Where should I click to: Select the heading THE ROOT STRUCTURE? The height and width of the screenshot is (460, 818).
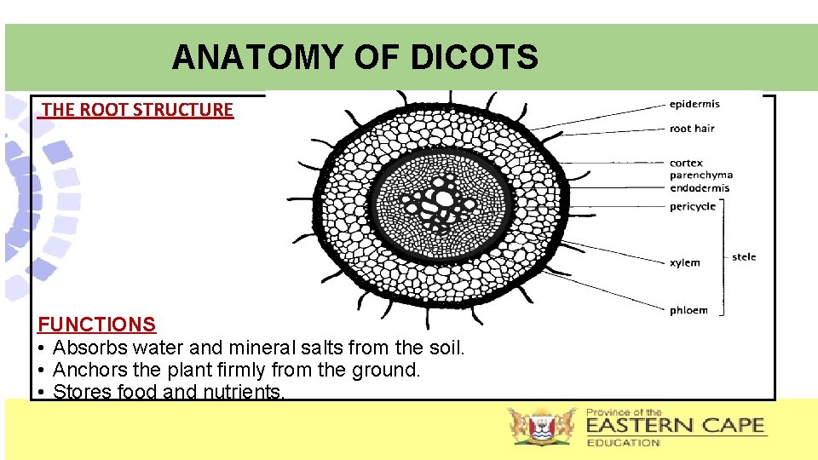[x=137, y=110]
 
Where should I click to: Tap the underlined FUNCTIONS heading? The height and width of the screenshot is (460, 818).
[x=97, y=325]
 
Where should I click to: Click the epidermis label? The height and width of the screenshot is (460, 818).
[x=694, y=104]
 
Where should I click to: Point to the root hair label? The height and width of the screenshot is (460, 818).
[x=692, y=129]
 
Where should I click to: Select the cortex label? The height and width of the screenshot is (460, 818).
[x=686, y=164]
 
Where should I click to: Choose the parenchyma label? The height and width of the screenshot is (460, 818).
[x=700, y=175]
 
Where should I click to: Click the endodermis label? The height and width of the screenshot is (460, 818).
[x=700, y=188]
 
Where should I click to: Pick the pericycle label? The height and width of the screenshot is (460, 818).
[x=692, y=207]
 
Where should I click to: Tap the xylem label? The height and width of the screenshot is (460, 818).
[x=684, y=263]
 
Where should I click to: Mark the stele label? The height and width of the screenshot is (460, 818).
[x=744, y=257]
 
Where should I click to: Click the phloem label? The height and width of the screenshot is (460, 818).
[x=688, y=311]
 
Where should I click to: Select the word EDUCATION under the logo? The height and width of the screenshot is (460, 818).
[x=623, y=443]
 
